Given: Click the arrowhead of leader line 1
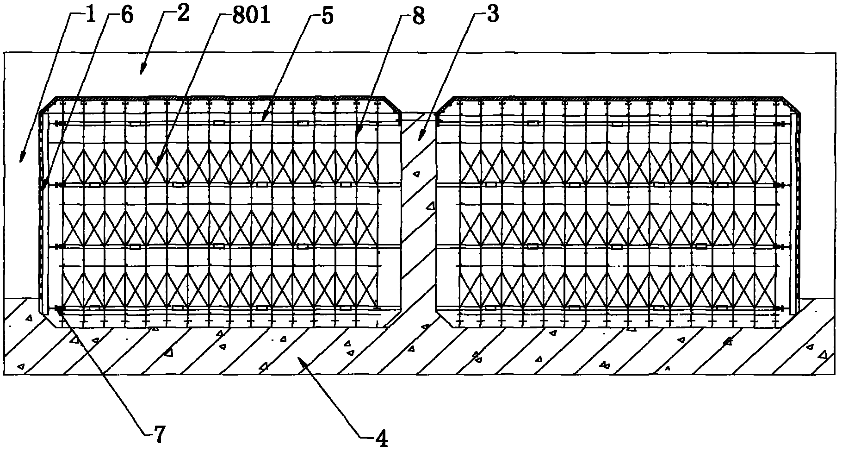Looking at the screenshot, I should (20, 162).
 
